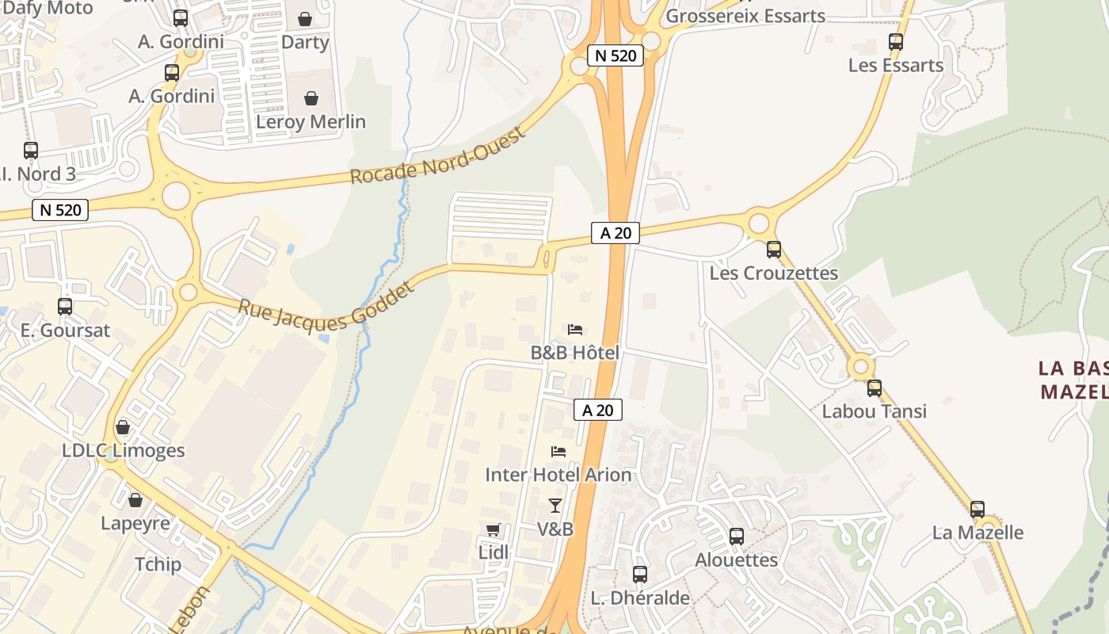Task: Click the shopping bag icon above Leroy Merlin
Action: click(311, 98)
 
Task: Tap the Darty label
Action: click(305, 42)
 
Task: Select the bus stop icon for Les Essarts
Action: click(896, 42)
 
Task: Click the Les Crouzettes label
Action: click(773, 273)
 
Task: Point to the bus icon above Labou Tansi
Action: click(875, 388)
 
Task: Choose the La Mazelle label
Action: click(978, 533)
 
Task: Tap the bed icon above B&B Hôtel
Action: click(575, 330)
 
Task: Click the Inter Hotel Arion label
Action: click(558, 475)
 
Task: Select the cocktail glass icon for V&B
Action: click(555, 506)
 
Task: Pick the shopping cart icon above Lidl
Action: click(494, 529)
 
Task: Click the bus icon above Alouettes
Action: click(737, 537)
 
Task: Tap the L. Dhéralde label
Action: click(640, 598)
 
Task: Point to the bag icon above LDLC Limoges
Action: click(123, 428)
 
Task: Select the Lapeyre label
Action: click(135, 524)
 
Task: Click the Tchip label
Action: click(158, 565)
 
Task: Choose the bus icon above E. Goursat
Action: click(65, 307)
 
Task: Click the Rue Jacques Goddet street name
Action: click(326, 307)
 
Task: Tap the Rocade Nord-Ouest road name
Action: click(438, 156)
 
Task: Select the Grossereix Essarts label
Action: click(745, 16)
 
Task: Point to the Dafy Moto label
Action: click(48, 9)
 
